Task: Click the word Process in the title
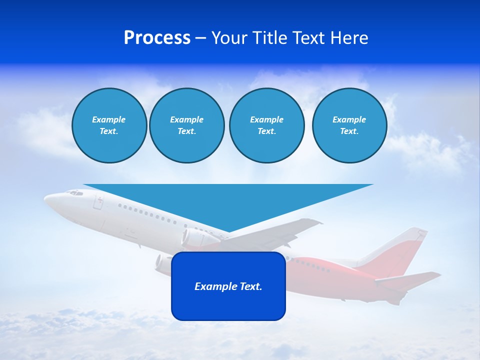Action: pyautogui.click(x=157, y=38)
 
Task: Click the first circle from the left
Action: pyautogui.click(x=109, y=125)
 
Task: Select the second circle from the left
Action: pyautogui.click(x=186, y=125)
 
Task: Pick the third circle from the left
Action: pyautogui.click(x=266, y=125)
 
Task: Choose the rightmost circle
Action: pyautogui.click(x=349, y=125)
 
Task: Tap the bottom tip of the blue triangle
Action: pyautogui.click(x=228, y=231)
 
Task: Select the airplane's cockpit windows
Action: pyautogui.click(x=75, y=192)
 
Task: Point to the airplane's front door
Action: pyautogui.click(x=98, y=202)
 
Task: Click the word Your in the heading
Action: pyautogui.click(x=229, y=38)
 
